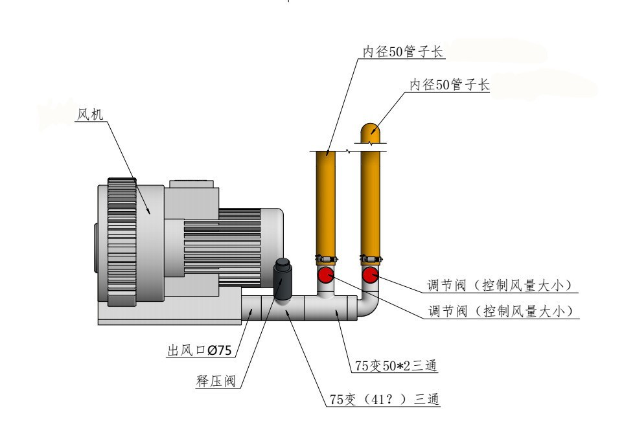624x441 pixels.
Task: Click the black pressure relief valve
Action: [284, 278]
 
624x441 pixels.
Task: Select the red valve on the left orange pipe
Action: [326, 276]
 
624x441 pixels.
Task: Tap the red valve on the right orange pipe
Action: [371, 276]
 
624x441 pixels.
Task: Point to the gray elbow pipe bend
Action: [369, 307]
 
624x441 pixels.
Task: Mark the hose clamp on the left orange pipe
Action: [325, 259]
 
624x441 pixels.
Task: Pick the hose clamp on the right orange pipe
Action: [371, 259]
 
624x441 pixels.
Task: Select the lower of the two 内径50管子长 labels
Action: [450, 85]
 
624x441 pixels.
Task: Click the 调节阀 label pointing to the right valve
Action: [500, 286]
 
